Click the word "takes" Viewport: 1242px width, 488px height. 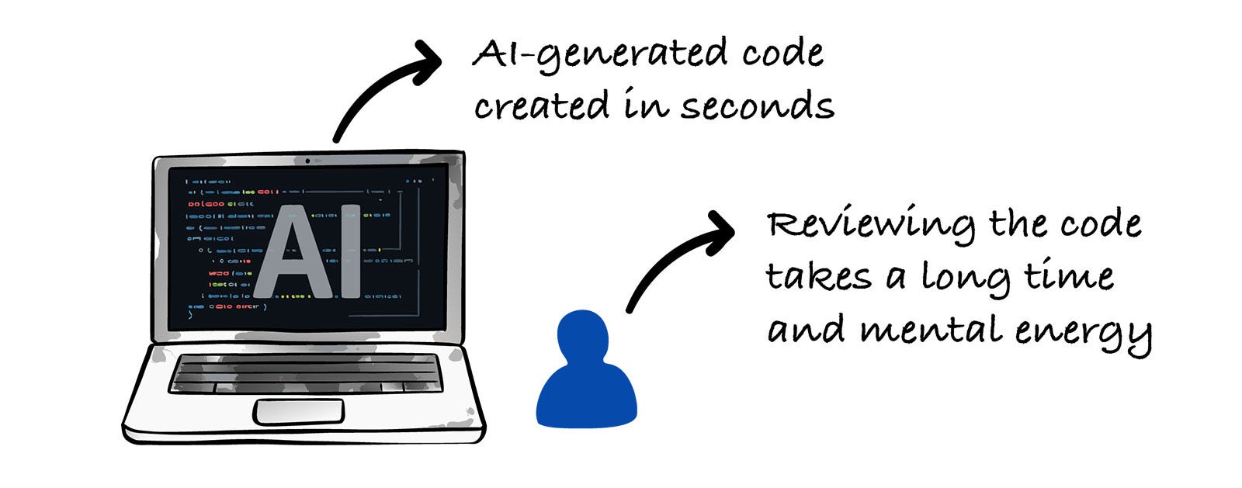pyautogui.click(x=818, y=277)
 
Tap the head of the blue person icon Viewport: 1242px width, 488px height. pyautogui.click(x=583, y=335)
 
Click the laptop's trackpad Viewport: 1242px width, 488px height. pyautogui.click(x=299, y=411)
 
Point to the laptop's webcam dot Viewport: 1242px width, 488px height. pyautogui.click(x=307, y=161)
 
